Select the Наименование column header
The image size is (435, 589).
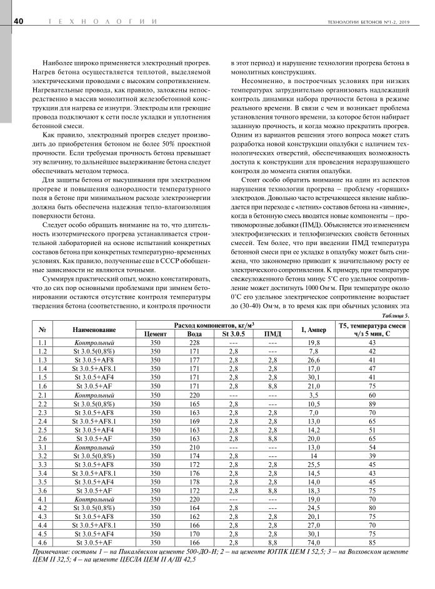click(94, 330)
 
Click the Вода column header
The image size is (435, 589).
click(194, 335)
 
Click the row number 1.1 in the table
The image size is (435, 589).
click(42, 343)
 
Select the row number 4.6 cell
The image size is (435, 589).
click(42, 543)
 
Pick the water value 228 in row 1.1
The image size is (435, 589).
click(194, 343)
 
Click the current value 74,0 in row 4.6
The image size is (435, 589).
click(314, 543)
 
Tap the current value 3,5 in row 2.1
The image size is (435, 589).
click(314, 396)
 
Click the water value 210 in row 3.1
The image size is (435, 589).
click(194, 448)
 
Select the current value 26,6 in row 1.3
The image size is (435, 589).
click(314, 361)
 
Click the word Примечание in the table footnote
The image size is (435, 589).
click(52, 552)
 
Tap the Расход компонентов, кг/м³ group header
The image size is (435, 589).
click(214, 326)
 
